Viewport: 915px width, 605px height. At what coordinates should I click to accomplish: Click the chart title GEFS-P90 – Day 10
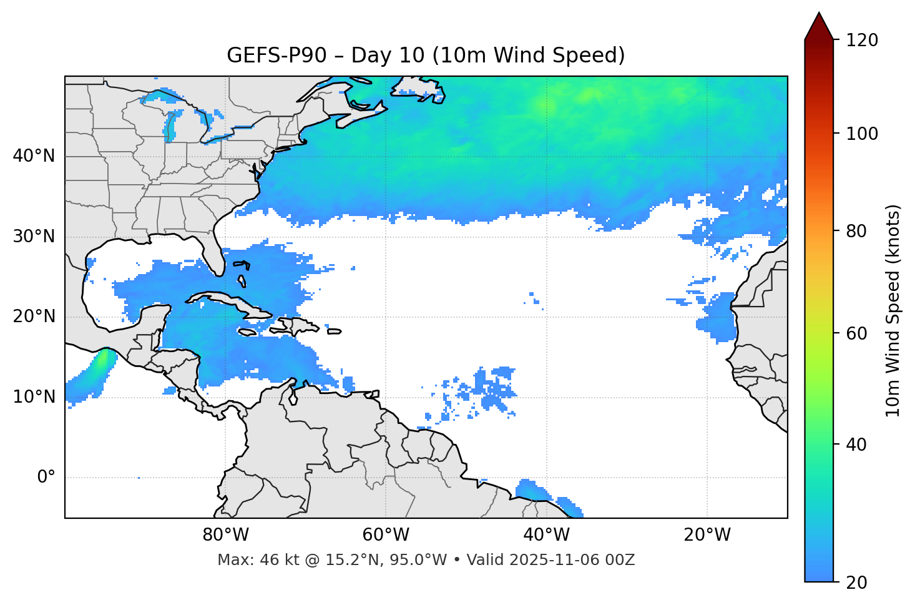coord(426,56)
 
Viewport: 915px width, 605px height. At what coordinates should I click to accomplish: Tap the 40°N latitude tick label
coord(34,156)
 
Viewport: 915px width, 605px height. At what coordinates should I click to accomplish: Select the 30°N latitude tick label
coord(34,237)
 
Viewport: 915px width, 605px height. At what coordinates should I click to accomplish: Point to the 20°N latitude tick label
coord(34,317)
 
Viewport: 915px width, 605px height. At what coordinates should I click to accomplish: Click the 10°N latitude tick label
coord(34,397)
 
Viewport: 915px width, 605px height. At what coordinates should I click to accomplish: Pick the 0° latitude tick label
coord(46,478)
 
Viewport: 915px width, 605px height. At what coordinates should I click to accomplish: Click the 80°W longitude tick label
coord(225,535)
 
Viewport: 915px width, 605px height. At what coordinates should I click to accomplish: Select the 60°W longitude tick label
coord(386,535)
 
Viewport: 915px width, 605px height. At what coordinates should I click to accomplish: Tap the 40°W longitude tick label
coord(546,535)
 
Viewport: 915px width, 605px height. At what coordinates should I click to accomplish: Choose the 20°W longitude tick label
coord(707,535)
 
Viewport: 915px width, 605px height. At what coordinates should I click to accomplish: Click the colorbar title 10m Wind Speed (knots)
coord(893,310)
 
